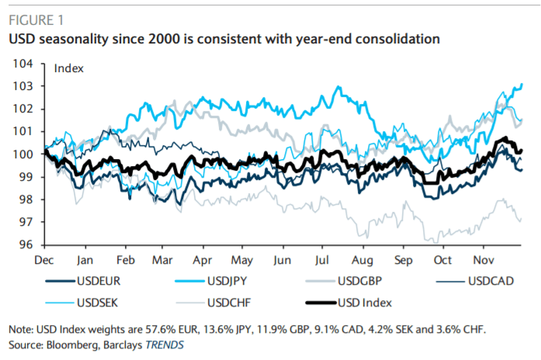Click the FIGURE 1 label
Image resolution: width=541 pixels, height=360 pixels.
click(36, 19)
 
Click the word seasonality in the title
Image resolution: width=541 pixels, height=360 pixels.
click(75, 38)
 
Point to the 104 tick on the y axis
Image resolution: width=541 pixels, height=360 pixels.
click(24, 63)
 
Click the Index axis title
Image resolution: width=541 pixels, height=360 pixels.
click(68, 68)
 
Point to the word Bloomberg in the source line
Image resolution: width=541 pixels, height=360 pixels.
click(71, 342)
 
